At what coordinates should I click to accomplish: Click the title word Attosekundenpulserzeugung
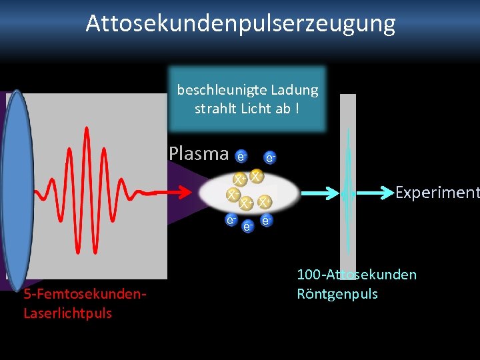click(240, 24)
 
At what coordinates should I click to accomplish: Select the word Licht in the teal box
click(255, 109)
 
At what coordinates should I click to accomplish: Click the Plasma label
click(199, 153)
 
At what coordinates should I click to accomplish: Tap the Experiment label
click(437, 193)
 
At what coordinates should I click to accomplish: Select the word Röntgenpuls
click(337, 294)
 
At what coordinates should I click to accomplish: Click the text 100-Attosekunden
click(357, 275)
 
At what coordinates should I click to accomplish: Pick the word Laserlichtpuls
click(67, 313)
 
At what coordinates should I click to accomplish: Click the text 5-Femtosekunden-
click(85, 294)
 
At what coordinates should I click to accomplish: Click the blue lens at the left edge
click(17, 190)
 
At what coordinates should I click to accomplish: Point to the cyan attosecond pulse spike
click(347, 190)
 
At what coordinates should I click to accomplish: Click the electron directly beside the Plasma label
click(241, 156)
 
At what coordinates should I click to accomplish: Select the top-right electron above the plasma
click(270, 158)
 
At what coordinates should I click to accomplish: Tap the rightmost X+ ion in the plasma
click(265, 201)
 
